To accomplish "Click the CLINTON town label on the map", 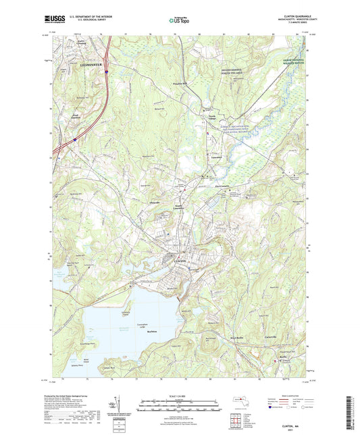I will (178, 261).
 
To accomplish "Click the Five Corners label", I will (224, 186).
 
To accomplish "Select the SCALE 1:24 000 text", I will (180, 396).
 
